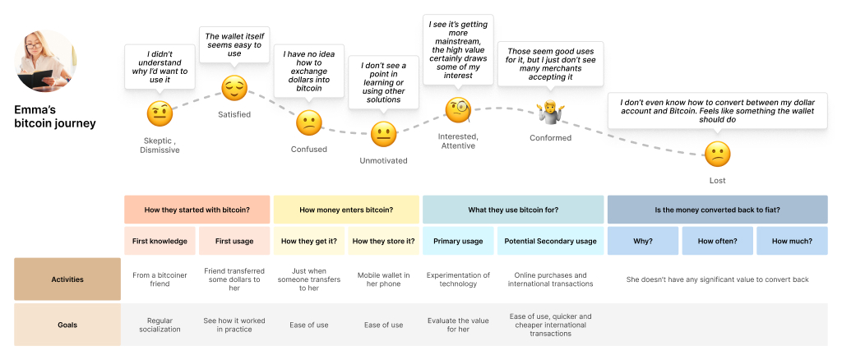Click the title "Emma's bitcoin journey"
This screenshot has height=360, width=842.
pos(54,116)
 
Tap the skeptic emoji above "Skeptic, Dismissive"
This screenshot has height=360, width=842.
pos(160,113)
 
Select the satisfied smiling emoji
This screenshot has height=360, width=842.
pos(234,87)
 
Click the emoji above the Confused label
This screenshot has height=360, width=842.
pos(308,124)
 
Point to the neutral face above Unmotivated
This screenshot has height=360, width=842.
pos(383,134)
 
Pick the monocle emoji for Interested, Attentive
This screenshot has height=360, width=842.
pos(458,109)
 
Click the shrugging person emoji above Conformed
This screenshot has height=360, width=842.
pos(549,109)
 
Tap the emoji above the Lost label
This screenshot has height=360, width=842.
pos(717,154)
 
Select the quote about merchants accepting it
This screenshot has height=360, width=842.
pos(550,63)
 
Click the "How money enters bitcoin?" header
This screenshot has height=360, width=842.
pos(346,210)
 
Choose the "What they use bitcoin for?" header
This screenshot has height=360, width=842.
pos(513,210)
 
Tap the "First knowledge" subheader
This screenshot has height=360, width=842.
pos(160,241)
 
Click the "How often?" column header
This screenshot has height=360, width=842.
pos(717,241)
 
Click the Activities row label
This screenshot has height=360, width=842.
pos(67,279)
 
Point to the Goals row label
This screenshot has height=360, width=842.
pos(67,325)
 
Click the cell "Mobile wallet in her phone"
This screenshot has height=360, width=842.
pos(383,279)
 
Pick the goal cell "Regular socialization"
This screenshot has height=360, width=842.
pos(160,325)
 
